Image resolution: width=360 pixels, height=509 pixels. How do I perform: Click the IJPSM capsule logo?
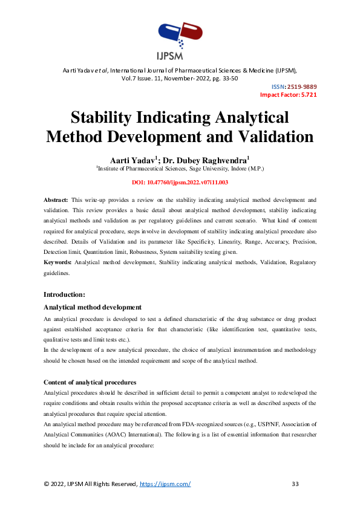(x=180, y=37)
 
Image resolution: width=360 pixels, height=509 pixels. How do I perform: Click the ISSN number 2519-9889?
(x=302, y=86)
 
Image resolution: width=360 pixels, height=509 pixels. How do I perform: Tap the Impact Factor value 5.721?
(x=305, y=95)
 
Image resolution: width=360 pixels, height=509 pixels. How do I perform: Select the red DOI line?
(x=180, y=182)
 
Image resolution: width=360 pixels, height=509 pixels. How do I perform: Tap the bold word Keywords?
(x=58, y=263)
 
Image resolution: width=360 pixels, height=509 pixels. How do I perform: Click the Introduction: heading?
(x=64, y=294)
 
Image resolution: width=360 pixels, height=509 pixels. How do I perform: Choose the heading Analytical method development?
(x=93, y=308)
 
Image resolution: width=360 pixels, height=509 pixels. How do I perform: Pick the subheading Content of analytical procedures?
(x=90, y=383)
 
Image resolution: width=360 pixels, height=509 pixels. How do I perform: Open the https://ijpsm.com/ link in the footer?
(x=165, y=484)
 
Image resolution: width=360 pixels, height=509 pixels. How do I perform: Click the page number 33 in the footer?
(x=295, y=484)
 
